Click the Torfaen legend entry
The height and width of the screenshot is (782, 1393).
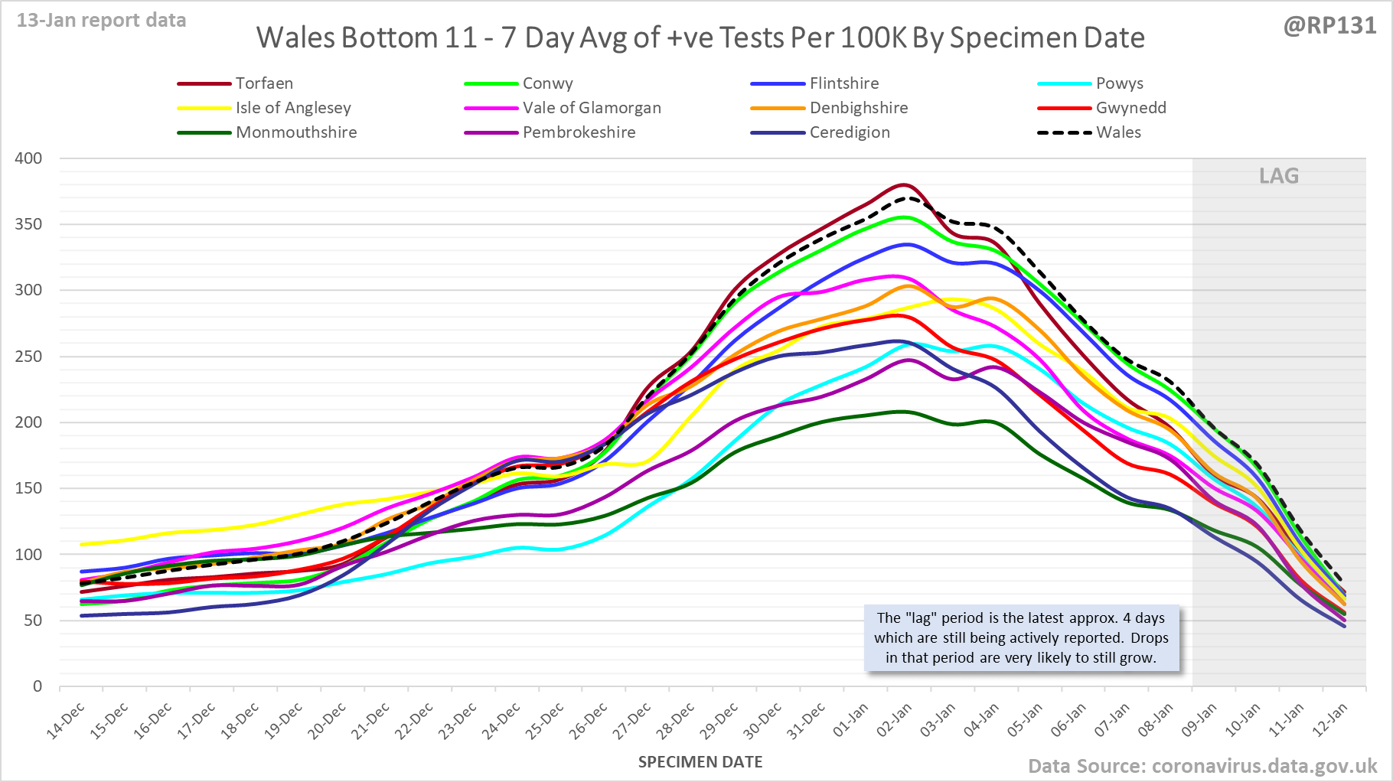click(264, 83)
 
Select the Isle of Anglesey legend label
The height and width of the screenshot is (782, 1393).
click(293, 108)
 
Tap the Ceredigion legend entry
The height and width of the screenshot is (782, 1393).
click(850, 132)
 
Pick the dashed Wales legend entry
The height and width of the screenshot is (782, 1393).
click(1118, 132)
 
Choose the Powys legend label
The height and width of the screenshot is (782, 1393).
click(1119, 83)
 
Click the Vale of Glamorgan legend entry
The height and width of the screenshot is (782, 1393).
click(592, 108)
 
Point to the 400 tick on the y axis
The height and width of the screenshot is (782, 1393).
click(28, 158)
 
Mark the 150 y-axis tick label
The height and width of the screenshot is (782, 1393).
click(28, 488)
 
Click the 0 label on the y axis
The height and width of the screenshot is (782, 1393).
click(38, 686)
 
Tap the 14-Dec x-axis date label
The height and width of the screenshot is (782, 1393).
click(66, 722)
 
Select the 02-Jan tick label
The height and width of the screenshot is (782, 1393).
click(895, 722)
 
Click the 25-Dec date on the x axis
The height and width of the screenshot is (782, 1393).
click(545, 722)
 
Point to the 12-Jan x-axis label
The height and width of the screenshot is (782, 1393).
click(1329, 722)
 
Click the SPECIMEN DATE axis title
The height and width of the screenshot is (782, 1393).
click(700, 762)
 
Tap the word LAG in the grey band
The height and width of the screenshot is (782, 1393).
click(1279, 176)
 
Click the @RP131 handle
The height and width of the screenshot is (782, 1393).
click(1329, 26)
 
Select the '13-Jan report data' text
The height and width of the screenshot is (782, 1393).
click(102, 21)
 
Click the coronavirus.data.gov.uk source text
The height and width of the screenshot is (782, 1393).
click(1264, 766)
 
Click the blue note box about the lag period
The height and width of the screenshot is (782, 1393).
click(1022, 638)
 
